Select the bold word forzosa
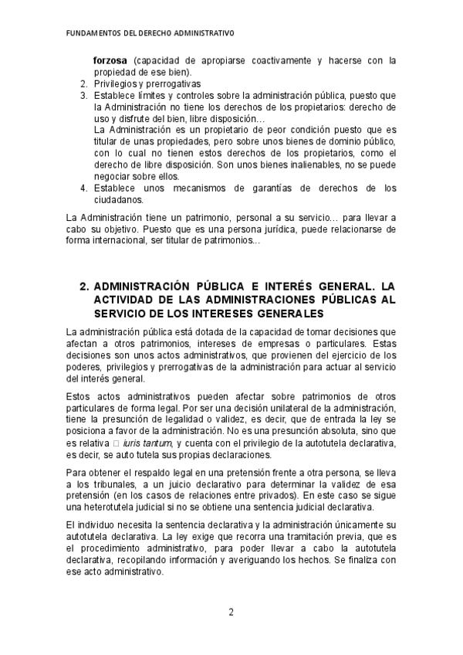tap(110, 60)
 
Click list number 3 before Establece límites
tap(84, 95)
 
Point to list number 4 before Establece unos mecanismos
tap(84, 188)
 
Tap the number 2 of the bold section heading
tap(84, 286)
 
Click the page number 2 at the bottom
tap(231, 613)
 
